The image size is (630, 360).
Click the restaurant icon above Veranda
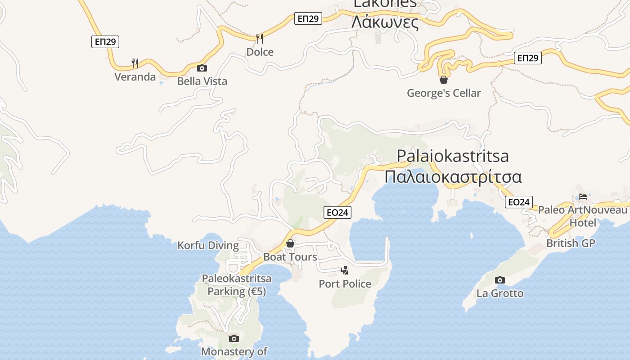click(x=135, y=63)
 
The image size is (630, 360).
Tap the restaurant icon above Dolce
click(x=259, y=38)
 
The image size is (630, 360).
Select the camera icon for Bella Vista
click(x=202, y=68)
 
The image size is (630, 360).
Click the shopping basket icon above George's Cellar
click(x=444, y=80)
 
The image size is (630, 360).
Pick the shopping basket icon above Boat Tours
click(x=291, y=243)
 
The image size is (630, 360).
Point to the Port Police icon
click(x=345, y=270)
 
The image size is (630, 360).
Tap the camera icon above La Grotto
click(x=499, y=280)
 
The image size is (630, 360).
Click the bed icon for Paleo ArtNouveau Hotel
click(x=583, y=197)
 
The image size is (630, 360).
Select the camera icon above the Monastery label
click(x=234, y=338)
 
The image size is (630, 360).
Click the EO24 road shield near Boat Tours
click(x=337, y=212)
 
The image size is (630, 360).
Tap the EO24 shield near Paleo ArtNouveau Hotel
click(x=519, y=202)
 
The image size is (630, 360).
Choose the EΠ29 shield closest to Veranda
click(x=105, y=42)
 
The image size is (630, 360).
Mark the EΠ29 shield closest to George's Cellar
click(x=528, y=58)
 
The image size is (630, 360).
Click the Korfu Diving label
click(x=208, y=245)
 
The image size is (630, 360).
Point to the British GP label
click(x=571, y=243)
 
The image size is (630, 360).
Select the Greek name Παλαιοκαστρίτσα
click(x=453, y=176)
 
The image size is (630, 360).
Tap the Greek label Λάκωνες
click(x=385, y=22)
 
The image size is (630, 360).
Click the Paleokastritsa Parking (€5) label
click(x=237, y=285)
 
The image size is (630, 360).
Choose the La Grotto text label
click(x=500, y=293)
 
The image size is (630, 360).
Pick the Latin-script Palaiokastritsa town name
click(x=453, y=156)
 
